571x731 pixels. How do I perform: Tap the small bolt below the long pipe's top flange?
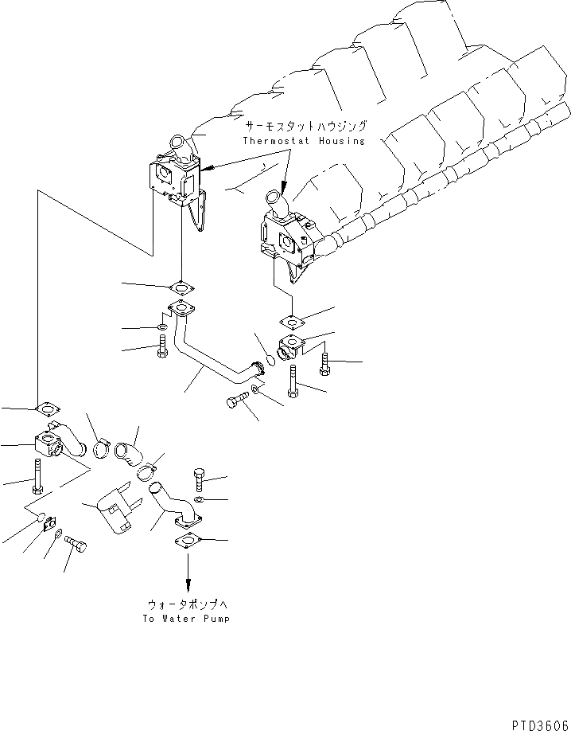click(x=163, y=347)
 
